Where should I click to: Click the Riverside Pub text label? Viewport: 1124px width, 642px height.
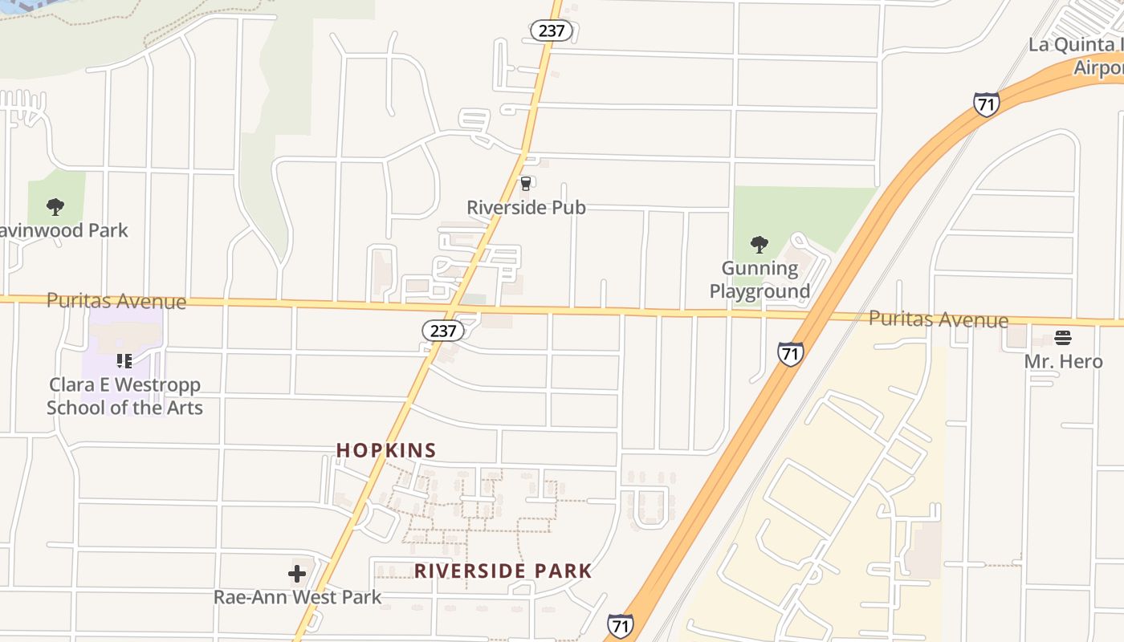pos(526,207)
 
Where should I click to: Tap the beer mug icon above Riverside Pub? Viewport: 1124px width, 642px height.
pos(526,184)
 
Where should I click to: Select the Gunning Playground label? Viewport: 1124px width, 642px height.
pos(760,279)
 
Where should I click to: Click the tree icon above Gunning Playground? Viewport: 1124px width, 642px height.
pos(759,244)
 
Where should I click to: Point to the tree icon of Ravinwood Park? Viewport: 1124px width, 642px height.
pos(55,207)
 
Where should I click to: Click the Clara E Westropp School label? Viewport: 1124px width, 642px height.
pos(124,396)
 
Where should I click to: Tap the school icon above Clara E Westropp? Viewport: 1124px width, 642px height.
pos(124,361)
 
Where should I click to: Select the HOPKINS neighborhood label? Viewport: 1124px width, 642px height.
pos(386,450)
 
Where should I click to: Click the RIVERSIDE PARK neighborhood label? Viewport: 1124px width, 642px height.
pos(503,571)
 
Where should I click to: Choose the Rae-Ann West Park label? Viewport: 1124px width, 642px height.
pos(297,597)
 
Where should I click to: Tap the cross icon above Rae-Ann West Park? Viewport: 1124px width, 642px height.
pos(297,574)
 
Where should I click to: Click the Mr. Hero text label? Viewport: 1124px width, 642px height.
pos(1063,361)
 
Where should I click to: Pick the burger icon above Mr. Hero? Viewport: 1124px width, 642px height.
pos(1063,338)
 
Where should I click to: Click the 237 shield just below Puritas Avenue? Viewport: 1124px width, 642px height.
pos(443,331)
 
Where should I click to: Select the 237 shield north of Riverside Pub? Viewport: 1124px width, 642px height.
pos(551,30)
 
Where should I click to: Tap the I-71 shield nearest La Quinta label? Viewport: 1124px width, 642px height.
pos(986,104)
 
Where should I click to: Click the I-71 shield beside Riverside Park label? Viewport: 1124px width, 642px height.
pos(620,626)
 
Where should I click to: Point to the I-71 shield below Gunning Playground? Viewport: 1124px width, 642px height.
pos(790,353)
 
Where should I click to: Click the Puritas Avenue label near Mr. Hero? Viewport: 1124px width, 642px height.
pos(938,319)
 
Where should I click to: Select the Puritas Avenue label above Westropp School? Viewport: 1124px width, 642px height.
pos(116,301)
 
